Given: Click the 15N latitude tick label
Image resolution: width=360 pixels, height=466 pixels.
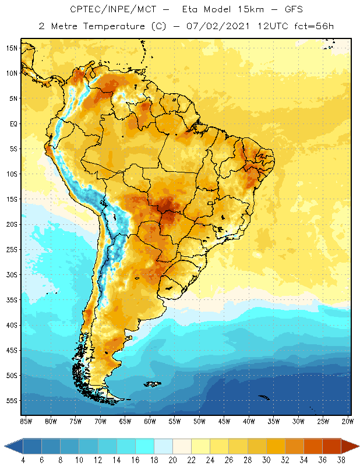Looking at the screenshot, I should click(12, 48).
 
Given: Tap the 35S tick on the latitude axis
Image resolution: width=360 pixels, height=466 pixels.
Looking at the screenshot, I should click(12, 300).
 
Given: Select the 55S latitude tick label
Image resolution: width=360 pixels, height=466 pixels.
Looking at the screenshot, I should click(12, 401).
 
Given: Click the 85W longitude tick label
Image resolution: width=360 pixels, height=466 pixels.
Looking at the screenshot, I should click(26, 421).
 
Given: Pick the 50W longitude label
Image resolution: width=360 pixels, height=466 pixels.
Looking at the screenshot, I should click(199, 421).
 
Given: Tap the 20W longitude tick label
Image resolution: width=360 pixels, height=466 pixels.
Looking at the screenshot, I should click(348, 421).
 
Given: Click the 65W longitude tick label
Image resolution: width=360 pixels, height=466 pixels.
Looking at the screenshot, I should click(125, 421).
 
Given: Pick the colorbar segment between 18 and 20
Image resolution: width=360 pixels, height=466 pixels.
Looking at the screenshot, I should click(163, 446).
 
